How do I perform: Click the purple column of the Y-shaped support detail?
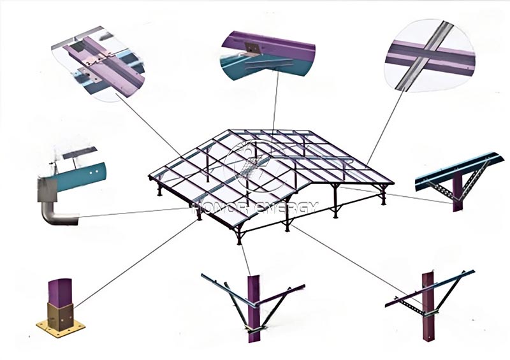click(x=254, y=306)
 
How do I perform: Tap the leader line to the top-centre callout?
click(x=275, y=96)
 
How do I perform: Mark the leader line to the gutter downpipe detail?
click(x=127, y=212)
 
